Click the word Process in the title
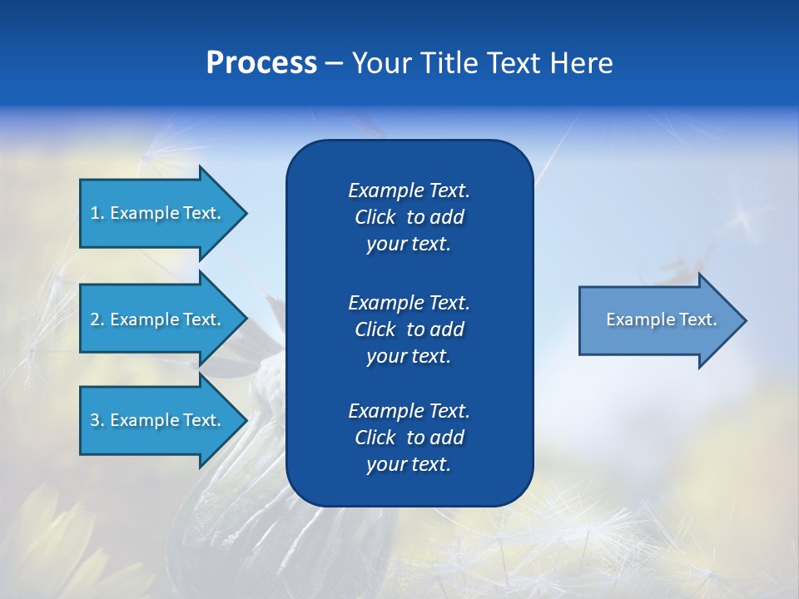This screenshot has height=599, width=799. [x=261, y=63]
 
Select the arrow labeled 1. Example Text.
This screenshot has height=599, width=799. [x=158, y=213]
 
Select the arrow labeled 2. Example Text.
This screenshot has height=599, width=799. [x=158, y=319]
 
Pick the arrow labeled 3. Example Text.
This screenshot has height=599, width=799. [x=158, y=420]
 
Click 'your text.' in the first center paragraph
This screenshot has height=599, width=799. [x=409, y=245]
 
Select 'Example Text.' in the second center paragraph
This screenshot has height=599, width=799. [x=409, y=302]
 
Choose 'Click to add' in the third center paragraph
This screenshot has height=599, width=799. [x=409, y=438]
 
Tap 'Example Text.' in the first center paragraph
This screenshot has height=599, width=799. [x=409, y=191]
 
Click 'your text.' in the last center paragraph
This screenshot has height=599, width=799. [x=409, y=465]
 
